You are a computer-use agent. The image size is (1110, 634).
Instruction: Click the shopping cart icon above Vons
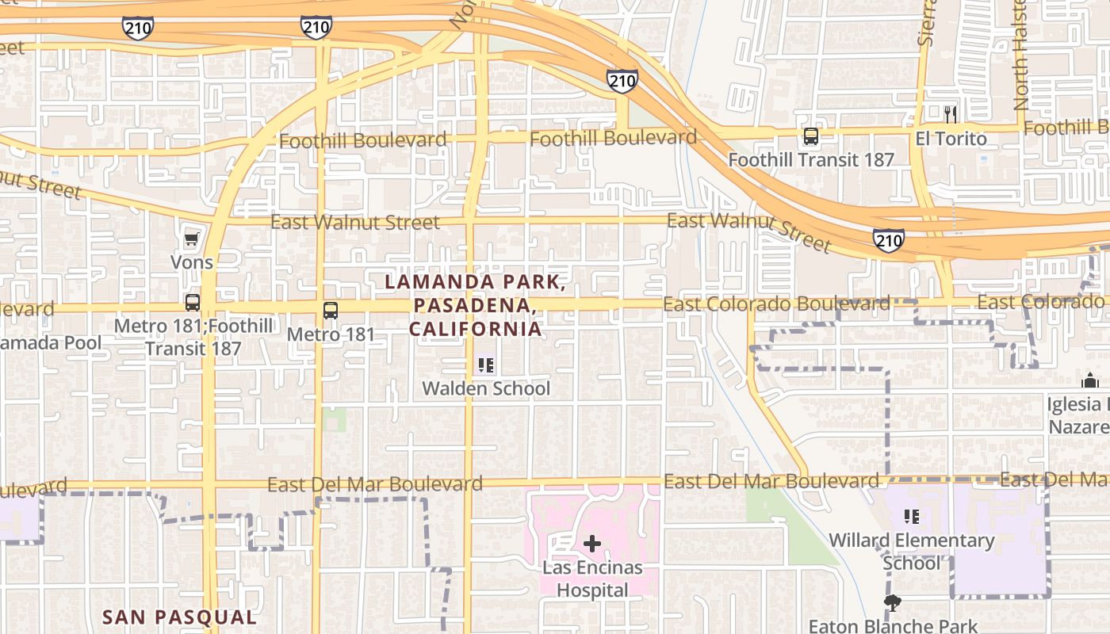click(x=191, y=239)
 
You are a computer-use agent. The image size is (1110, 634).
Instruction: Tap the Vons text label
click(x=192, y=262)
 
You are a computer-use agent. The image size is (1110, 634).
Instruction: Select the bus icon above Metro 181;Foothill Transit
click(x=193, y=302)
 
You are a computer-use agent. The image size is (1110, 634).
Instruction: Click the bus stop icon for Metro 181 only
click(x=331, y=311)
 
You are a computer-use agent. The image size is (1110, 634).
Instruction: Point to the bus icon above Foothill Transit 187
click(x=811, y=136)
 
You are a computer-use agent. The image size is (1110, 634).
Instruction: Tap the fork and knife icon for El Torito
click(x=951, y=115)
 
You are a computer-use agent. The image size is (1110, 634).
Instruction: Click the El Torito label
click(x=951, y=139)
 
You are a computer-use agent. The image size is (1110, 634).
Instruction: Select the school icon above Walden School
click(x=486, y=365)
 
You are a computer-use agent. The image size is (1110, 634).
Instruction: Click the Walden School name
click(x=486, y=388)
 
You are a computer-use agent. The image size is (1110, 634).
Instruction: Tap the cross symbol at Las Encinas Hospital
click(x=592, y=544)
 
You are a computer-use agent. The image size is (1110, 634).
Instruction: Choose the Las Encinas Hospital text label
click(x=592, y=579)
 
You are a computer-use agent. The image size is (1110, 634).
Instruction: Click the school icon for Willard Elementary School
click(x=912, y=517)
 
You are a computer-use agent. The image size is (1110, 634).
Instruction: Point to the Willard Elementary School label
click(x=912, y=552)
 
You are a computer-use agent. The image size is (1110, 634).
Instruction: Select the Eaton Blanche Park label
click(x=893, y=626)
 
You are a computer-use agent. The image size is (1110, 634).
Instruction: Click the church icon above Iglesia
click(x=1089, y=381)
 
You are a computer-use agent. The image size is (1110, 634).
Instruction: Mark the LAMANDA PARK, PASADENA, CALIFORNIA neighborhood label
click(x=476, y=305)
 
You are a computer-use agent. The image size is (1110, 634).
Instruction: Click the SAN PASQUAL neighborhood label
click(x=180, y=617)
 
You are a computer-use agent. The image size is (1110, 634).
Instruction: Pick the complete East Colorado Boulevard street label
click(x=776, y=304)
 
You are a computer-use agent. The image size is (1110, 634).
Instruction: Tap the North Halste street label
click(x=1020, y=55)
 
